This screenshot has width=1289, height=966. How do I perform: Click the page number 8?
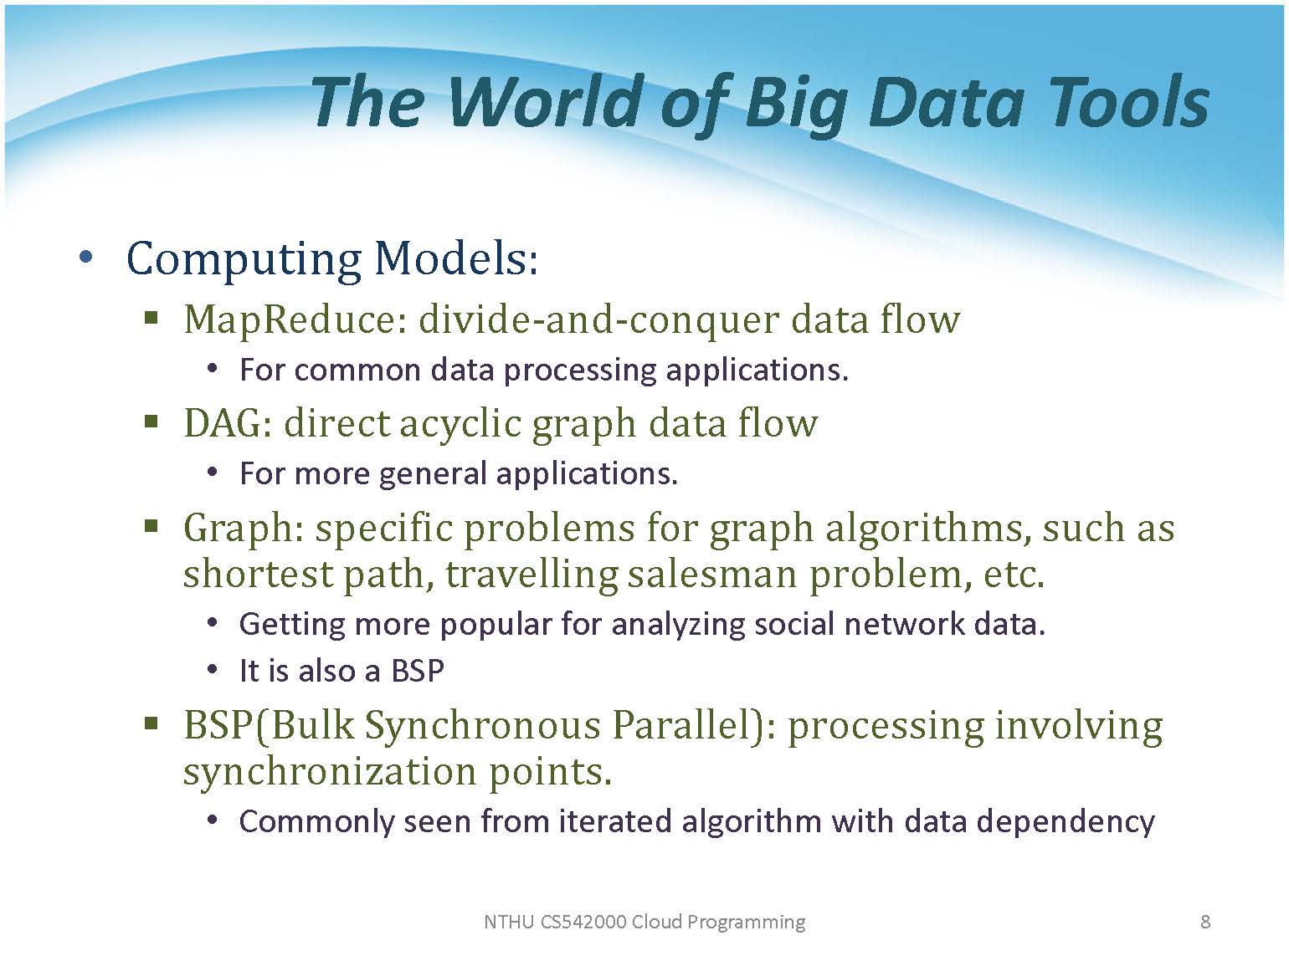click(x=1205, y=922)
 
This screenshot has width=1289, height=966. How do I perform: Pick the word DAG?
click(x=228, y=423)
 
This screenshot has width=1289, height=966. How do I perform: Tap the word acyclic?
click(x=460, y=425)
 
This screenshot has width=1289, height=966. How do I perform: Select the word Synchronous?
click(x=482, y=725)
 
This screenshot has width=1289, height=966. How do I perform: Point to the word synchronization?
click(x=330, y=772)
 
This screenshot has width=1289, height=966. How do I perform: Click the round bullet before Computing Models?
click(x=86, y=257)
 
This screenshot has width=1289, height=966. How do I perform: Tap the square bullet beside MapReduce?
click(x=151, y=318)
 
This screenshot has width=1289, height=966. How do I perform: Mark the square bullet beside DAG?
click(x=151, y=422)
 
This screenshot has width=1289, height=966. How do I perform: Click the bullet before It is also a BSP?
click(x=213, y=669)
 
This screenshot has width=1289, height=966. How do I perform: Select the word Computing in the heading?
click(x=244, y=260)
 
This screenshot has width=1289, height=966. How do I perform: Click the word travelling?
click(x=532, y=575)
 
